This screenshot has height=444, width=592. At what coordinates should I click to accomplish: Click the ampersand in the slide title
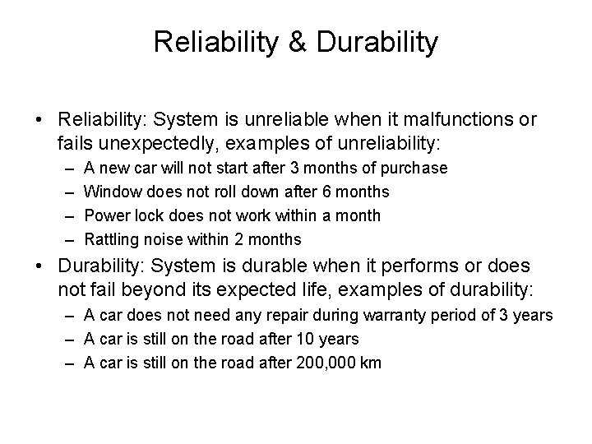click(297, 44)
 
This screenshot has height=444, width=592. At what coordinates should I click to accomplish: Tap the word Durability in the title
click(376, 44)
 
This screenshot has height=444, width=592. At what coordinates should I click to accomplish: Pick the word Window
click(113, 192)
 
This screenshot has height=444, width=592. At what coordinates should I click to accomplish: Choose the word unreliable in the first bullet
click(288, 120)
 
